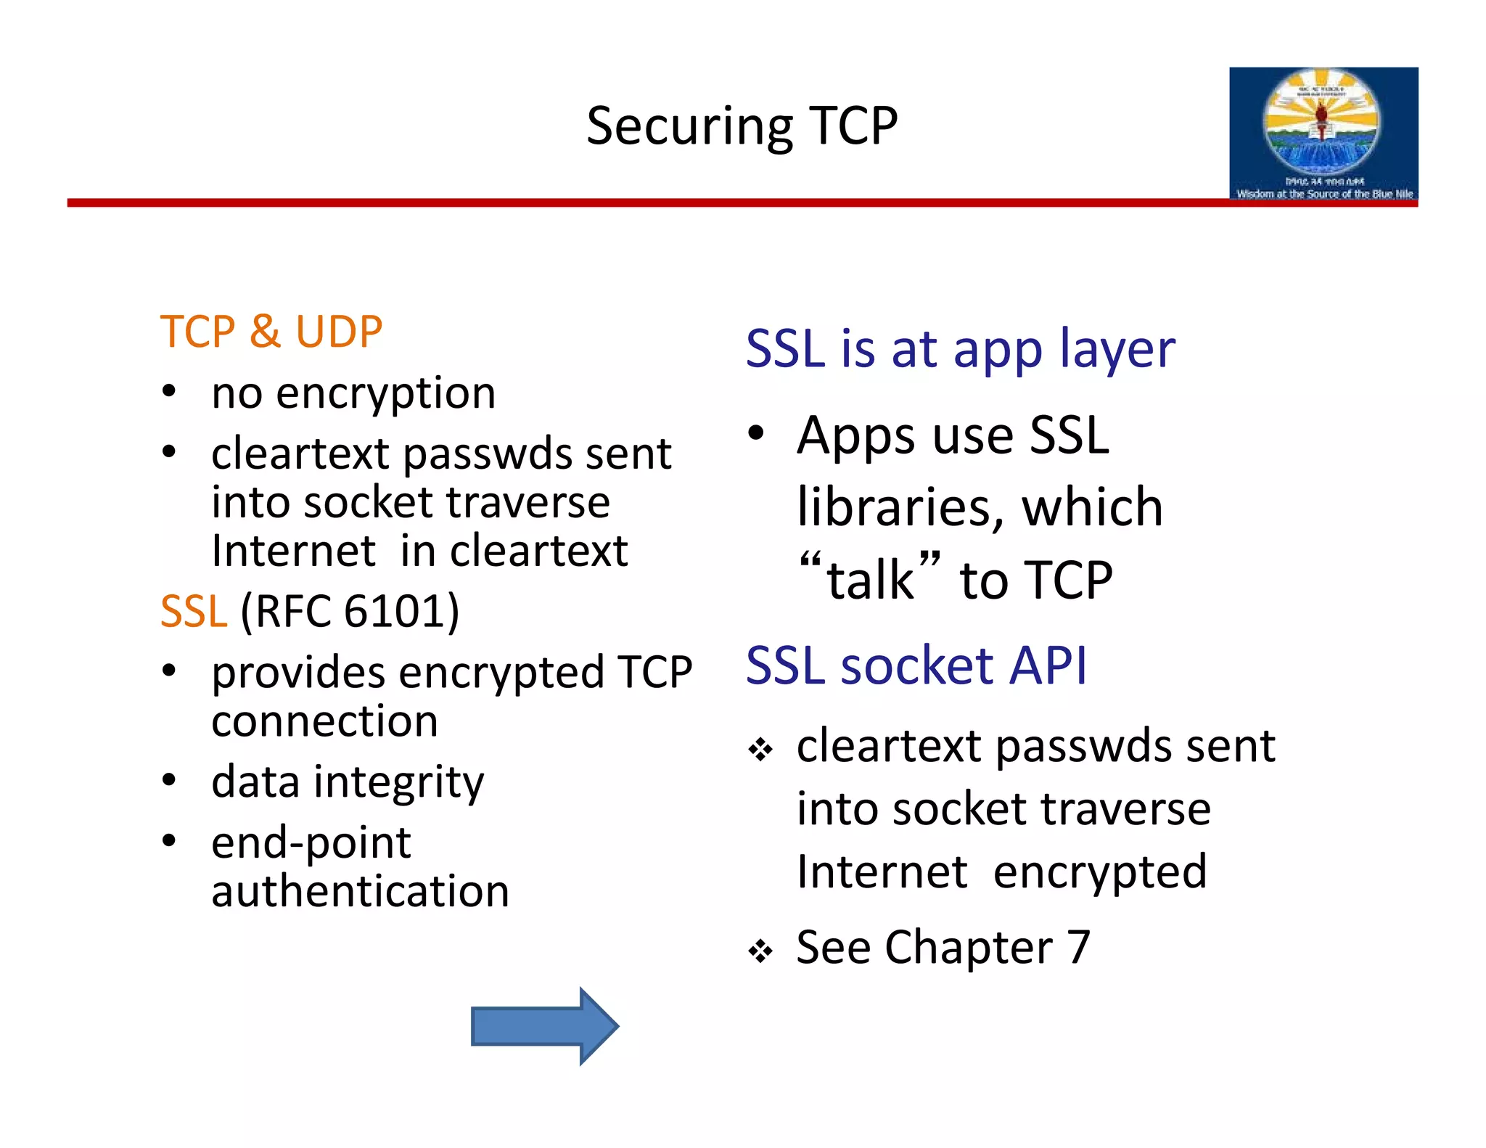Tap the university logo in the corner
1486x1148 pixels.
tap(1323, 134)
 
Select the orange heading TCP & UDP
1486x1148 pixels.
tap(271, 332)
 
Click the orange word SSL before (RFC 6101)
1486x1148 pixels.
tap(193, 611)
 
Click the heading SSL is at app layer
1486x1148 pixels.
tap(960, 350)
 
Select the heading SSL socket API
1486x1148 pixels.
tap(916, 665)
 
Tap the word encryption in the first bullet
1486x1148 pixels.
tap(385, 394)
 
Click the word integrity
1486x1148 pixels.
tap(398, 783)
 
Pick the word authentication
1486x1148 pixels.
tap(360, 891)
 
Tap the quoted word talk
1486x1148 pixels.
tap(870, 580)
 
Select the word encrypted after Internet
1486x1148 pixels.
tap(1100, 872)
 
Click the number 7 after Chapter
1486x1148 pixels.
tap(1078, 947)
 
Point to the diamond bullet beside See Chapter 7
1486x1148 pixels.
tap(760, 950)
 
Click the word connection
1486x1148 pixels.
tap(324, 721)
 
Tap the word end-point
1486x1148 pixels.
tap(311, 843)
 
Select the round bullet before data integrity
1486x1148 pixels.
tap(169, 781)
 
